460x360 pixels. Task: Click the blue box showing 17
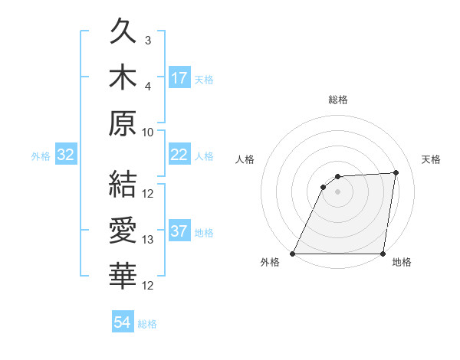[179, 77]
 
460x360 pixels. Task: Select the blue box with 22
[179, 155]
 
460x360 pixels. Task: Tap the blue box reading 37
[179, 231]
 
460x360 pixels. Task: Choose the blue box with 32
[66, 155]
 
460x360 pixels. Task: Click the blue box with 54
[122, 322]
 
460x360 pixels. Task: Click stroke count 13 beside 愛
[148, 240]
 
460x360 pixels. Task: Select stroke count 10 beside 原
[148, 131]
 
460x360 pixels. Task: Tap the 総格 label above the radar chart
[338, 100]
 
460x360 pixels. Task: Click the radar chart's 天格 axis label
[432, 159]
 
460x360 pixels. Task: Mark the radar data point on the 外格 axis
[293, 254]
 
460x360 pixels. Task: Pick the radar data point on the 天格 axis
[396, 172]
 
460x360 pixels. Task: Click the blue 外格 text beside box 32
[41, 156]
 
